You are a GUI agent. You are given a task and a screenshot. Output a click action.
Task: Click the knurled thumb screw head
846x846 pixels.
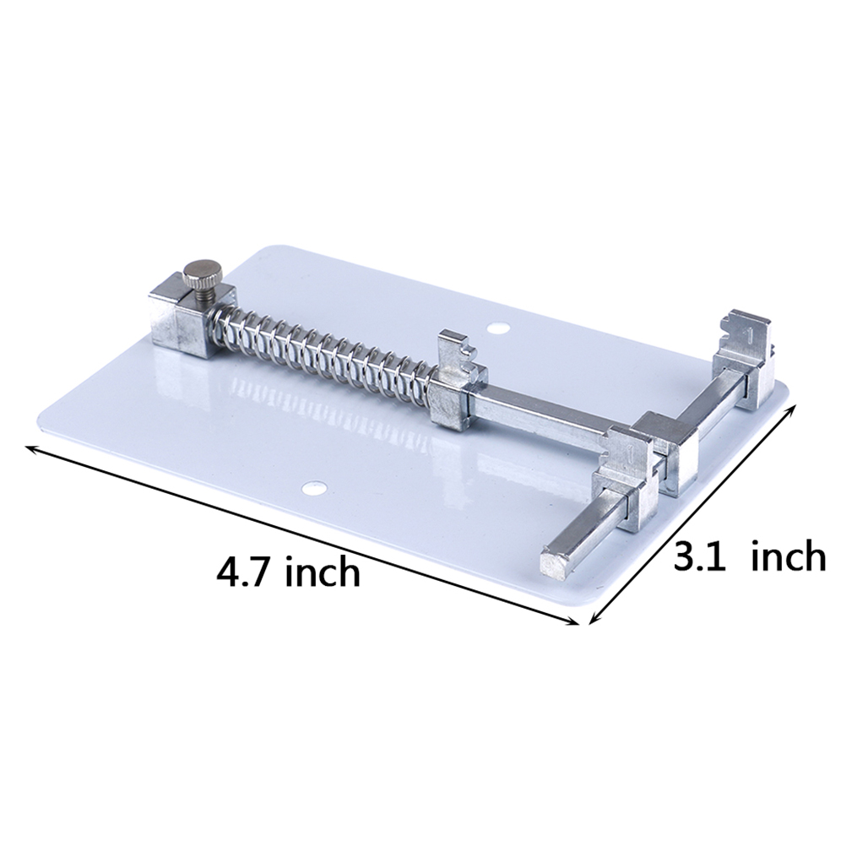pyautogui.click(x=201, y=274)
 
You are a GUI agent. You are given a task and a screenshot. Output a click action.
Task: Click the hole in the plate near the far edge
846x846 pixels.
pyautogui.click(x=497, y=328)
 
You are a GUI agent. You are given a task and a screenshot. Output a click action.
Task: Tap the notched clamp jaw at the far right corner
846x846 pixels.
pyautogui.click(x=744, y=358)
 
